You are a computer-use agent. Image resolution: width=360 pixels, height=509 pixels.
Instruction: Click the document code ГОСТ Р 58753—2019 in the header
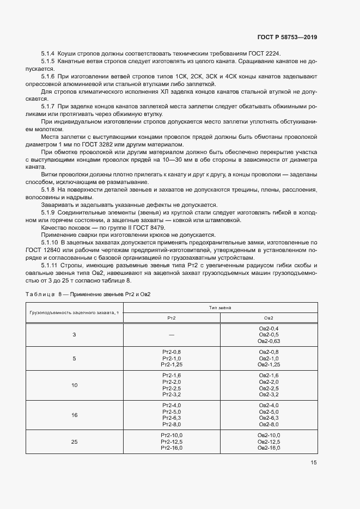286,37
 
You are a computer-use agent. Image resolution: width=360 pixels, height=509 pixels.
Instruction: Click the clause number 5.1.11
50,265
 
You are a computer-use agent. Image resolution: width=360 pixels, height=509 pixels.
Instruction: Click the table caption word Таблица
40,294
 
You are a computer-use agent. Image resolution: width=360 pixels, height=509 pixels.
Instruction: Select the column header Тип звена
219,308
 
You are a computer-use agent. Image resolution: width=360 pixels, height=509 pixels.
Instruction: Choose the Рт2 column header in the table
172,317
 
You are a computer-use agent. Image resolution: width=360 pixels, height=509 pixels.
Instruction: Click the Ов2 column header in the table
269,317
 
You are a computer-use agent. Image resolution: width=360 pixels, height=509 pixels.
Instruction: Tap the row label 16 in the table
75,415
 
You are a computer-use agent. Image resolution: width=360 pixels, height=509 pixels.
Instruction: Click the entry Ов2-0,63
269,341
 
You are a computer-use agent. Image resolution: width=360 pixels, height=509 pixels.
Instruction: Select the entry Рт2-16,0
172,447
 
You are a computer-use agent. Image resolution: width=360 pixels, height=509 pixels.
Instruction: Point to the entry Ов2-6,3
269,418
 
